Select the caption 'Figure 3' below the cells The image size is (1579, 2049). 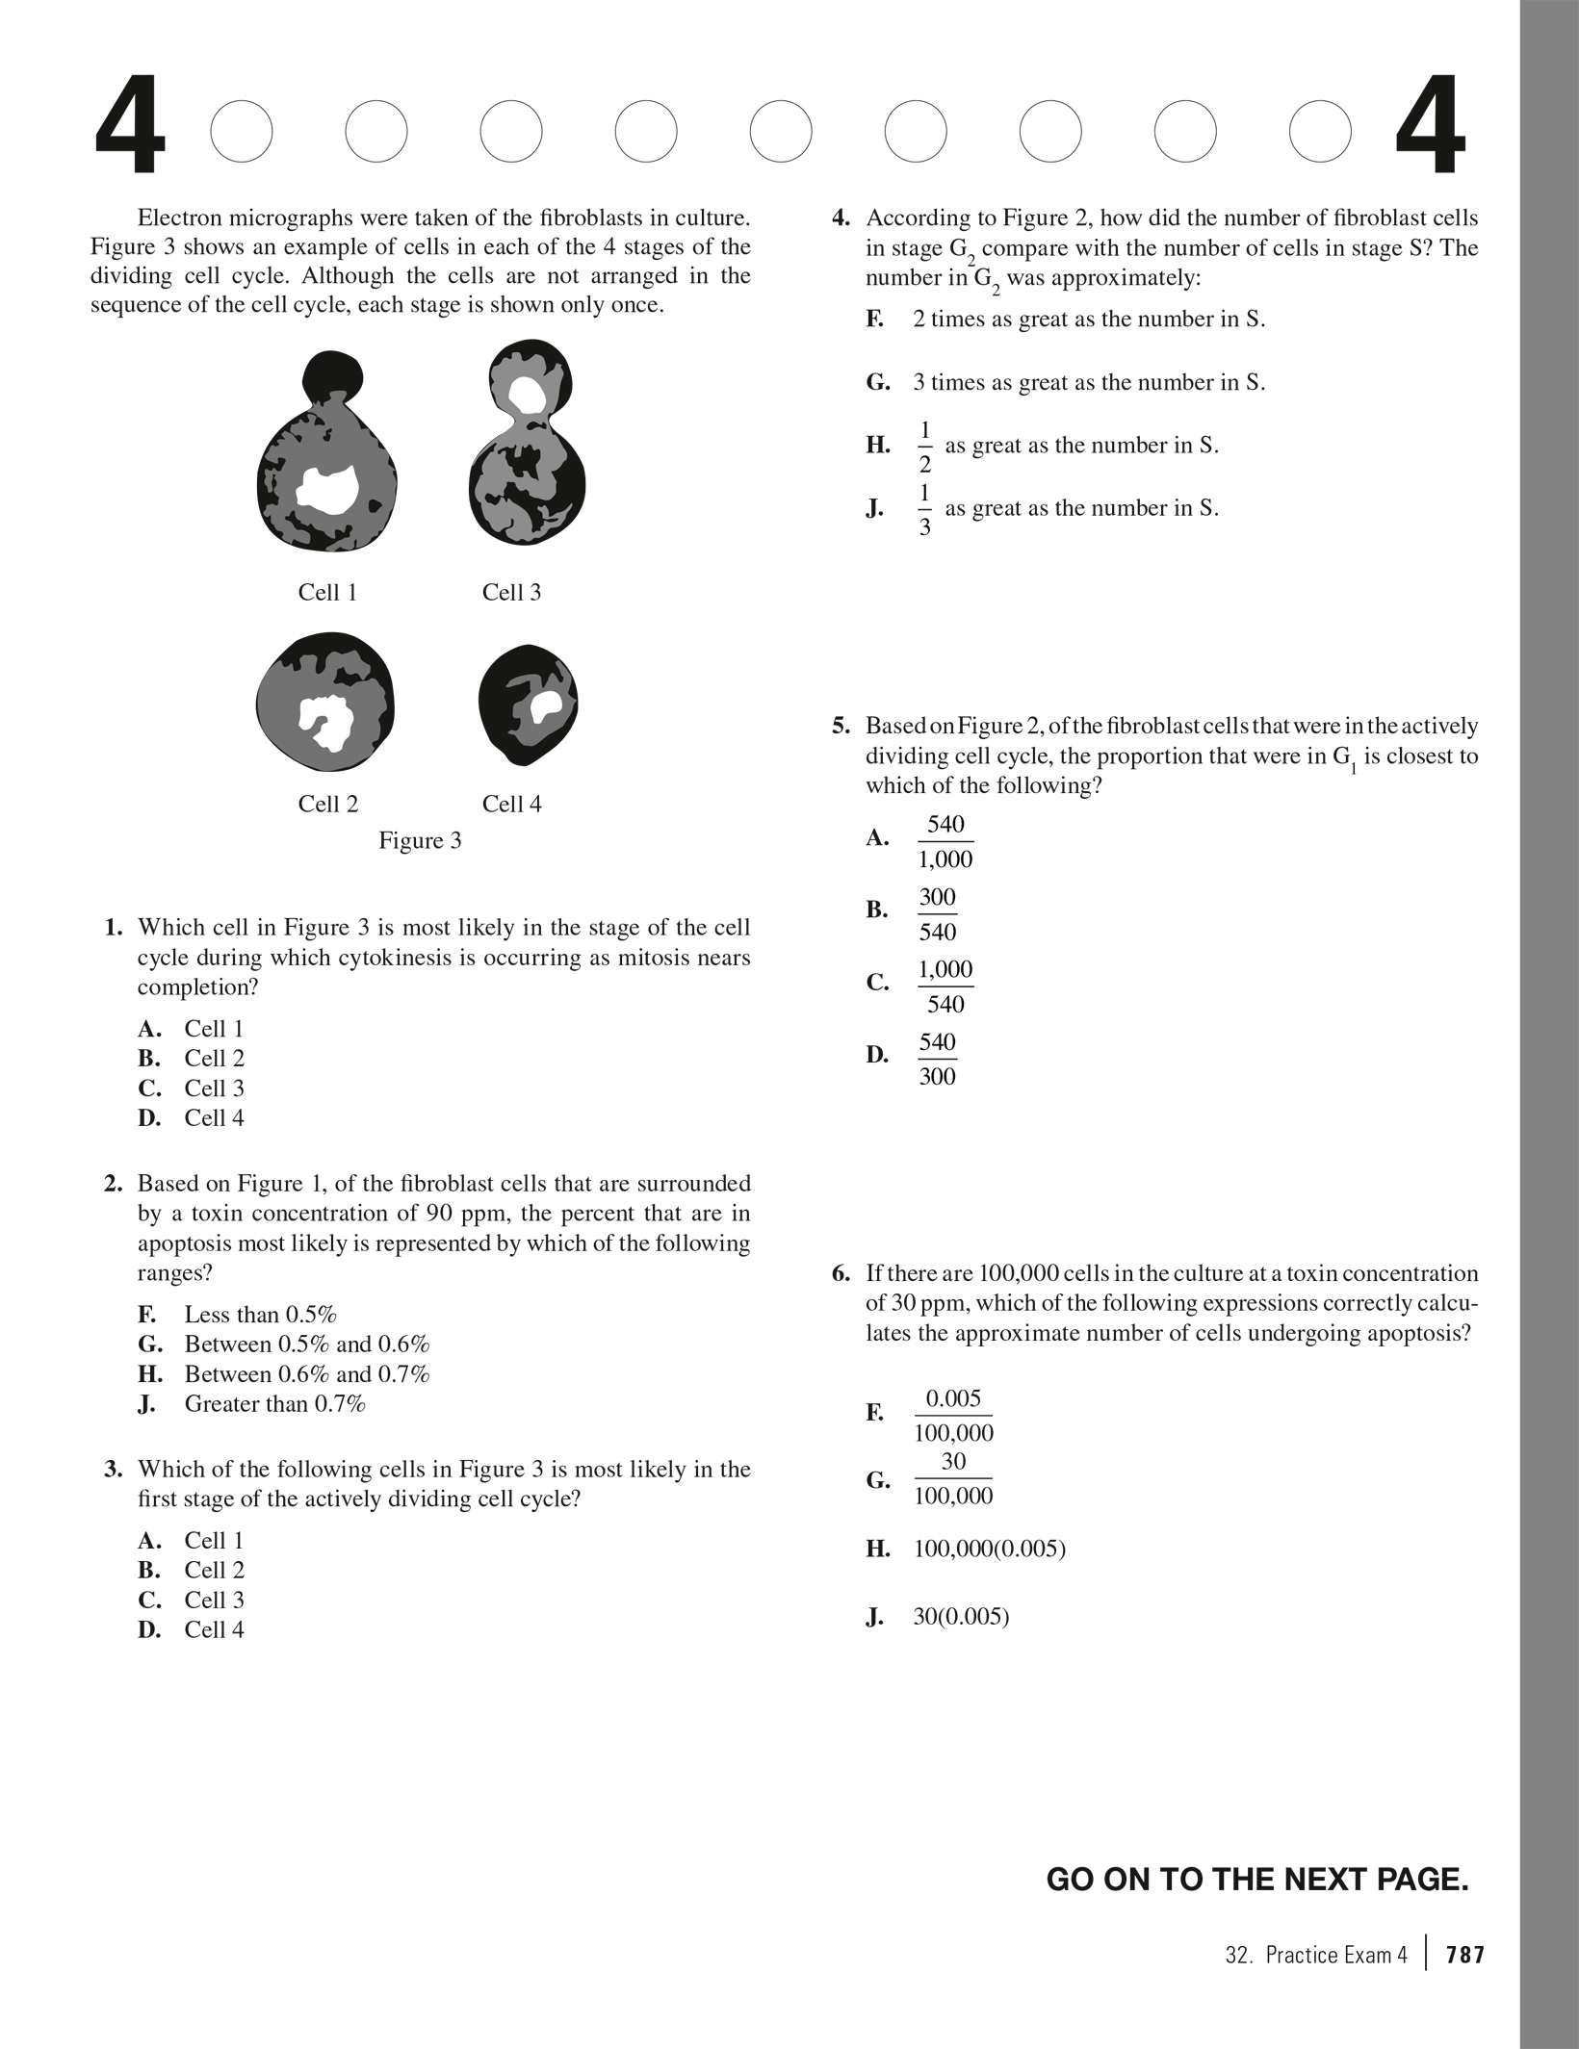click(420, 840)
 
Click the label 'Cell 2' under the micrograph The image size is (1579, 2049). click(327, 804)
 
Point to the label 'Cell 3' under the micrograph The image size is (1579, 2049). click(511, 592)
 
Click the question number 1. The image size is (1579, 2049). click(114, 928)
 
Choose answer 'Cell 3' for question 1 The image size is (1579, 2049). click(214, 1088)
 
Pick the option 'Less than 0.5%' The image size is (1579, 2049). click(260, 1315)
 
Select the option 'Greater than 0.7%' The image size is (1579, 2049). click(274, 1403)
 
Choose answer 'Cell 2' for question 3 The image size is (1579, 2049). click(214, 1570)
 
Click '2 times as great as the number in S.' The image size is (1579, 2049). click(1088, 320)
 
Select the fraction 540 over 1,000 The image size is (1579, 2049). click(945, 841)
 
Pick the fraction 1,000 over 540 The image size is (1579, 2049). click(945, 986)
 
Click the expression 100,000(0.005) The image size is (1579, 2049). click(989, 1549)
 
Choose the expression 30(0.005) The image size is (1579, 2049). click(961, 1616)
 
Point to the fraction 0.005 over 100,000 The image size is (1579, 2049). click(953, 1415)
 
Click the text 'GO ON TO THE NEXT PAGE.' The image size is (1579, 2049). click(1256, 1880)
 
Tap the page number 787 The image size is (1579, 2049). click(1465, 1955)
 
